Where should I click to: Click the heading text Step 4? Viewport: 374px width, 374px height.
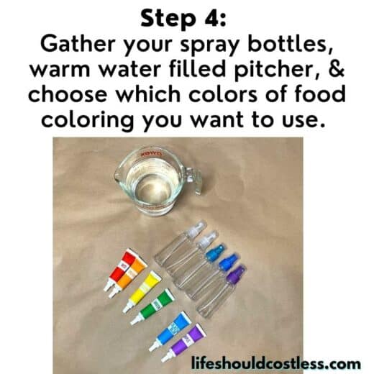tap(186, 17)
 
